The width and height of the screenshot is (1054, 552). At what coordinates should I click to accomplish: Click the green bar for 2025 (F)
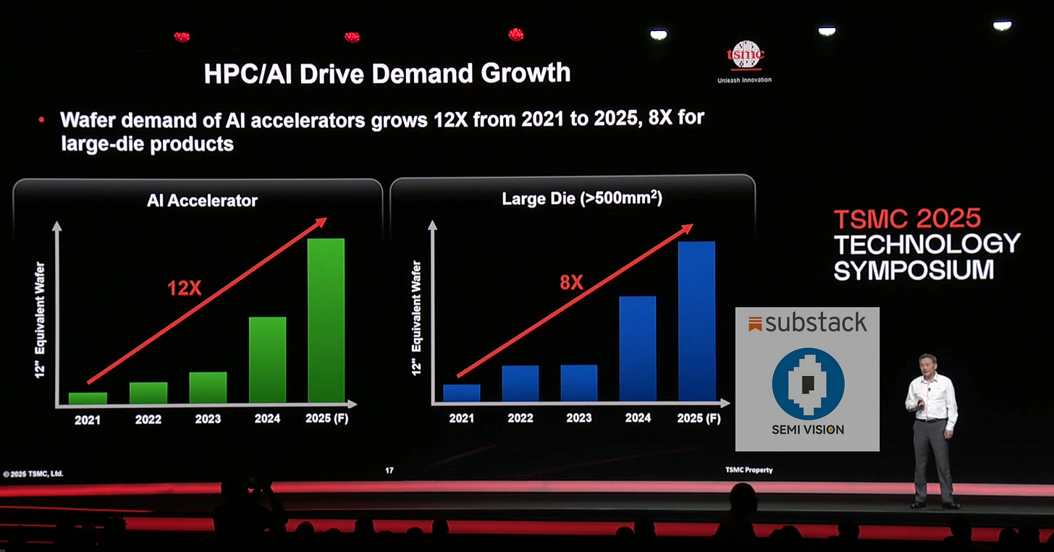tap(326, 320)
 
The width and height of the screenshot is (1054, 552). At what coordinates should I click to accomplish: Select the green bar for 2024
tap(267, 360)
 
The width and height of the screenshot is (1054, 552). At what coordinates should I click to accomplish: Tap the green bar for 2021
tap(88, 398)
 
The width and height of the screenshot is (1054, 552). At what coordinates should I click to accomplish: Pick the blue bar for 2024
tap(637, 349)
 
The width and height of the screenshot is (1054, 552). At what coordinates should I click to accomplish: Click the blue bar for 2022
tap(520, 383)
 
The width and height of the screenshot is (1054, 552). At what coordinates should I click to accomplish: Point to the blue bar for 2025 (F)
tap(696, 321)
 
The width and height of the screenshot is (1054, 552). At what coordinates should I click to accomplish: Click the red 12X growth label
tap(185, 288)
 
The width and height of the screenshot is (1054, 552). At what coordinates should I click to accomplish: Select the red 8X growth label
tap(571, 283)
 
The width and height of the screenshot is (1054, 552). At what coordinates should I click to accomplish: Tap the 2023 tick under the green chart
tap(208, 419)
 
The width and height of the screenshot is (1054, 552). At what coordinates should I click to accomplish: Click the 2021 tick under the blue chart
tap(461, 418)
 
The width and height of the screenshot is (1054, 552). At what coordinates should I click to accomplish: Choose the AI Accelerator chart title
tap(202, 200)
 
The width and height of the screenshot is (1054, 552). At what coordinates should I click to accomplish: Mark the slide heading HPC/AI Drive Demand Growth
tap(387, 73)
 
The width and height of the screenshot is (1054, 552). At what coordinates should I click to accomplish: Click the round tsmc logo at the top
tap(745, 55)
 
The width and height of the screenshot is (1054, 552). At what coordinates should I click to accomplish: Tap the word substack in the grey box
tap(816, 323)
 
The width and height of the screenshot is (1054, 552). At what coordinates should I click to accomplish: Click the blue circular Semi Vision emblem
tap(808, 383)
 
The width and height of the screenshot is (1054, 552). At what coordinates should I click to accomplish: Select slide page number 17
tap(389, 471)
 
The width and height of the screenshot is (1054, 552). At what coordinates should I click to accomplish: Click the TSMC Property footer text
tap(749, 470)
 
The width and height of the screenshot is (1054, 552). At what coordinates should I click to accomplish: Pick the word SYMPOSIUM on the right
tap(914, 270)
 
